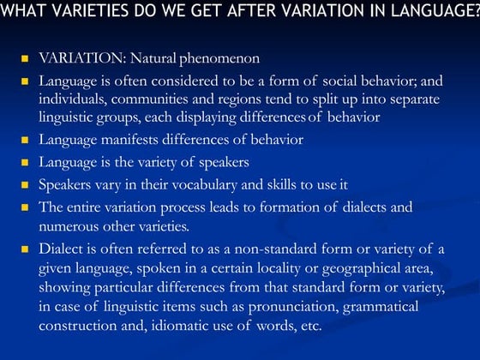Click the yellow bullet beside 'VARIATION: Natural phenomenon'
click(24, 60)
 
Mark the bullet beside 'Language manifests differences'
click(24, 139)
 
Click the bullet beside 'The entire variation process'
click(24, 207)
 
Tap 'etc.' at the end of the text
click(309, 326)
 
